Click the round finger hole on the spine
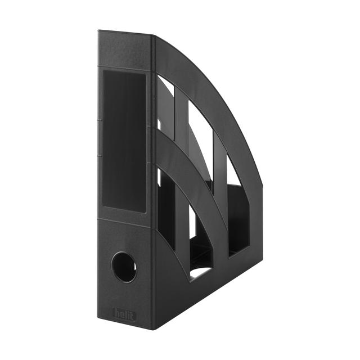(124, 267)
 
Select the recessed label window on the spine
(124, 141)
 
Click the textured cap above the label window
(125, 52)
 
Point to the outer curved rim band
(225, 107)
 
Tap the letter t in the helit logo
(133, 315)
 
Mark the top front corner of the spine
(99, 31)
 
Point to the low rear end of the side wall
(260, 247)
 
